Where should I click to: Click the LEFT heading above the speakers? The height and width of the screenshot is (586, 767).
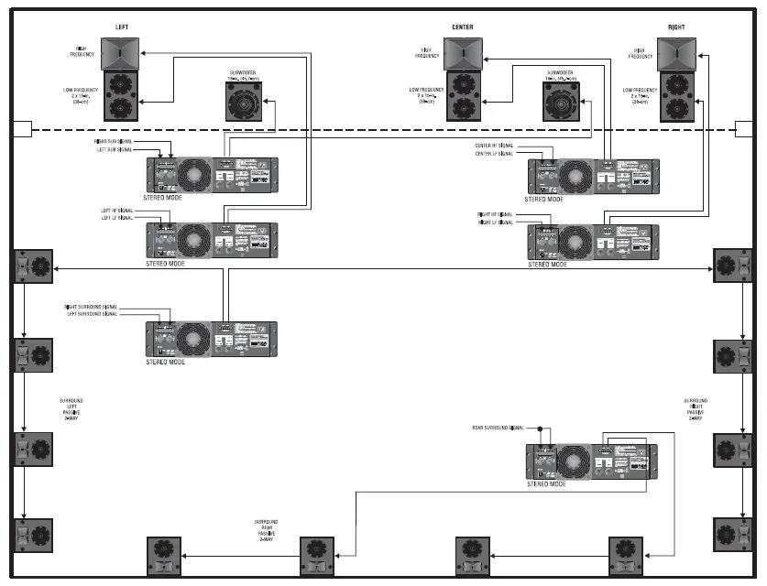coord(122,27)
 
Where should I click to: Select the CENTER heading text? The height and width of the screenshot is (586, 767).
coord(462,27)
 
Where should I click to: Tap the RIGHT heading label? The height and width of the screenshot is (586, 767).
coord(676,27)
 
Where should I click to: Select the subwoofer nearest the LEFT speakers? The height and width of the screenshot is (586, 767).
coord(243,101)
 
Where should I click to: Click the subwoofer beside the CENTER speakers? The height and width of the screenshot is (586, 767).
coord(560,101)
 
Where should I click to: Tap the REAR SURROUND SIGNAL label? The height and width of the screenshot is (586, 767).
coord(498,428)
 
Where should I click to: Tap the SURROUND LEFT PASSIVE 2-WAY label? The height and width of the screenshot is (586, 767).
coord(71,409)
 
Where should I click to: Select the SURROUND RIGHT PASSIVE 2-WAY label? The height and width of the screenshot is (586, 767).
coord(696,409)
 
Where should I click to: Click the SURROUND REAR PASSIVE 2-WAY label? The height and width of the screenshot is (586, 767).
coord(266,531)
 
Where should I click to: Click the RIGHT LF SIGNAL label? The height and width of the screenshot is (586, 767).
coord(497,222)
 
